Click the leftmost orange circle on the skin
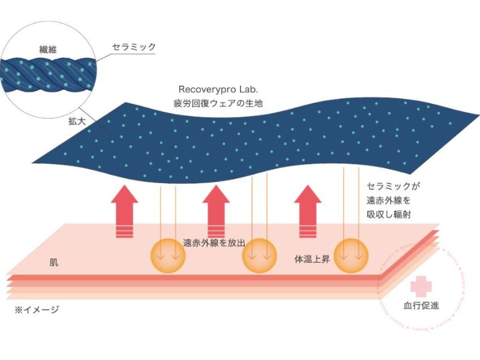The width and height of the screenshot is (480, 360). (x=167, y=254)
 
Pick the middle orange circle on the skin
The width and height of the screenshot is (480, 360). (x=259, y=254)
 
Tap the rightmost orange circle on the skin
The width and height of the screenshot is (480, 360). (x=350, y=254)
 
